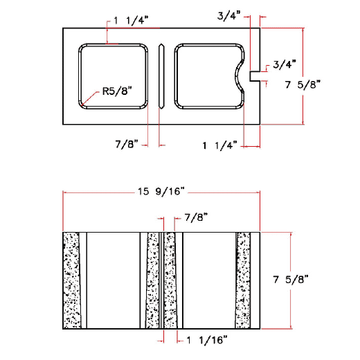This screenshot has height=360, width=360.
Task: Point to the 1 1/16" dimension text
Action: coord(206,339)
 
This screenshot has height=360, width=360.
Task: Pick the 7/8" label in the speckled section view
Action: coord(195,218)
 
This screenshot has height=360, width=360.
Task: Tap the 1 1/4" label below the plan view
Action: coord(219,145)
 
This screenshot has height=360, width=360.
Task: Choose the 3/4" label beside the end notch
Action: coord(284,64)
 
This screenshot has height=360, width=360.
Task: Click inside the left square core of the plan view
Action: coord(114,69)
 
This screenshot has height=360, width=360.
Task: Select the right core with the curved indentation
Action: coord(204,76)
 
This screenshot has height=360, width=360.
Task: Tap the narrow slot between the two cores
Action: coord(161,76)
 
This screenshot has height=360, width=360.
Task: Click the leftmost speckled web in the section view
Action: coord(71,280)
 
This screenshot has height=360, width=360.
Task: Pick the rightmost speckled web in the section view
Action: coord(243,280)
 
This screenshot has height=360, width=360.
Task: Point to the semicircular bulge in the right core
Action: coord(240,75)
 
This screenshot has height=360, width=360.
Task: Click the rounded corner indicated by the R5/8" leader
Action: coord(84,103)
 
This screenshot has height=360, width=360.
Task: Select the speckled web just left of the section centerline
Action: coord(153,280)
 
